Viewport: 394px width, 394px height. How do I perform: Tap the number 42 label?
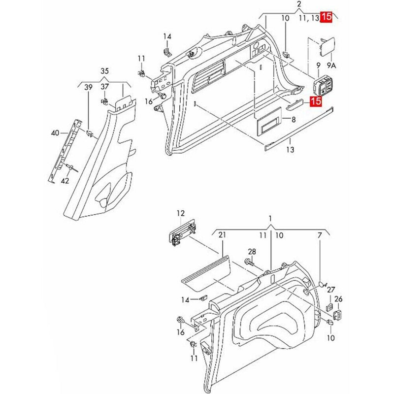point(65,181)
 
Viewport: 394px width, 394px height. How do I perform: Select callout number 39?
point(88,87)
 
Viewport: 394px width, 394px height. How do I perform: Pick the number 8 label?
point(294,120)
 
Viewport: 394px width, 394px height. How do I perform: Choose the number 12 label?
point(181,213)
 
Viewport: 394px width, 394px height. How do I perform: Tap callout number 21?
point(222,235)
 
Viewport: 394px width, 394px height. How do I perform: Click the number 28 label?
point(252,252)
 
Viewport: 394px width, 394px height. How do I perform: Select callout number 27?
point(331,290)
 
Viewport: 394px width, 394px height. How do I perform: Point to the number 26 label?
point(338,299)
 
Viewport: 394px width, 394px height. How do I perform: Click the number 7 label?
point(320,235)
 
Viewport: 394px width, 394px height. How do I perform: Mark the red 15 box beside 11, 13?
point(327,17)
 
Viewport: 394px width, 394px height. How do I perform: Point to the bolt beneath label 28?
point(249,264)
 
